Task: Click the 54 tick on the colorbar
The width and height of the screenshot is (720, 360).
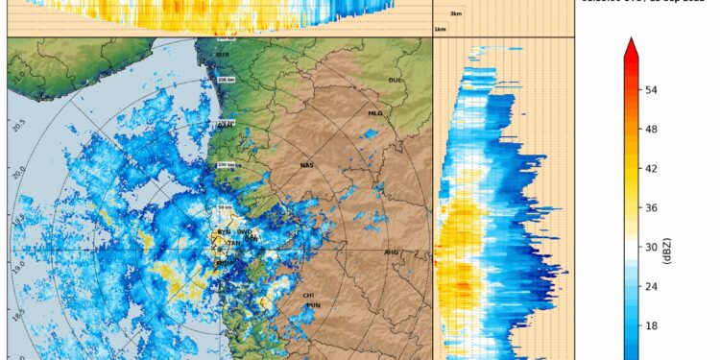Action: pos(651,89)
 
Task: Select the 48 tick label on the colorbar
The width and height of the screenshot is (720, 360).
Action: pos(651,129)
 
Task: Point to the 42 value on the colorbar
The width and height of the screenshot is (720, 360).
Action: pos(651,168)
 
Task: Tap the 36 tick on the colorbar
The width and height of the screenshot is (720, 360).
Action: pos(651,207)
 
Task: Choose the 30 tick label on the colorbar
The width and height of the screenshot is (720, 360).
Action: pos(651,247)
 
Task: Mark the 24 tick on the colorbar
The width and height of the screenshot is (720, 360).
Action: pos(651,286)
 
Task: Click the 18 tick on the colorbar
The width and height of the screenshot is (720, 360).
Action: pos(651,325)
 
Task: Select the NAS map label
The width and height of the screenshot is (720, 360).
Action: pos(306,166)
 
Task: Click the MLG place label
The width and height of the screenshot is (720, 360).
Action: pos(375,113)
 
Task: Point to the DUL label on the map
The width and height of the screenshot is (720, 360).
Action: pos(394,81)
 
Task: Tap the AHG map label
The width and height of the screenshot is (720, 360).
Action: pos(391,252)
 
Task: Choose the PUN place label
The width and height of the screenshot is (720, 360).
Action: pos(312,305)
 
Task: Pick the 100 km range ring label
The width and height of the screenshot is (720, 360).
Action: pos(227,165)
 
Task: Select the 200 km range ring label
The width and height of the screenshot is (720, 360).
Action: pos(227,80)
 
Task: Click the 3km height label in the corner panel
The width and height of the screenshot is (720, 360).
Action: pos(456,13)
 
